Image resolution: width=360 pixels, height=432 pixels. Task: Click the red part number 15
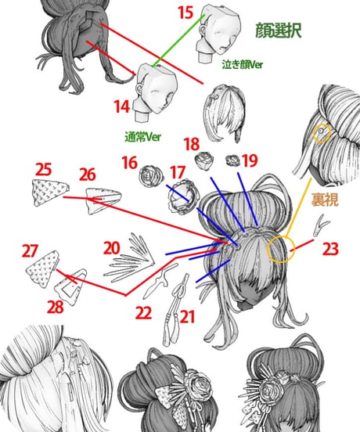(185, 13)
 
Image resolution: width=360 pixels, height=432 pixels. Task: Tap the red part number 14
(122, 106)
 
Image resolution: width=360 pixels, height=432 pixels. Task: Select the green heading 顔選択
(279, 31)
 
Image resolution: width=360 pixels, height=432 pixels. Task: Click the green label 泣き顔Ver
(243, 64)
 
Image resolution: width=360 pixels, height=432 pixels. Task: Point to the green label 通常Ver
(142, 137)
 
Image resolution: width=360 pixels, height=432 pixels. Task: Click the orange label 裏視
(325, 200)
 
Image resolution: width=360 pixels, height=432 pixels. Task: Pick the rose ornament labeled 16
(151, 176)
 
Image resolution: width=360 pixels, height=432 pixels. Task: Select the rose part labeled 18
(204, 161)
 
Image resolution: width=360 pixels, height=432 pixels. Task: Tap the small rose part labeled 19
(232, 160)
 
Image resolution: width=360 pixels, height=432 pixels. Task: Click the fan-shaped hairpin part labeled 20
(130, 257)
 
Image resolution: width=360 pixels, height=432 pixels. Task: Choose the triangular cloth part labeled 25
(50, 193)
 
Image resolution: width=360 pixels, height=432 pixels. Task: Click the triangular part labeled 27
(43, 268)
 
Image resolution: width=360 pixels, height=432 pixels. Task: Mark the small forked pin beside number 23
(321, 225)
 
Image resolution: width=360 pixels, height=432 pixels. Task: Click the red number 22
(143, 313)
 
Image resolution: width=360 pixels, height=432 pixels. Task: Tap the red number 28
(56, 307)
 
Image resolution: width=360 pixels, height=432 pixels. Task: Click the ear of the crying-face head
(203, 29)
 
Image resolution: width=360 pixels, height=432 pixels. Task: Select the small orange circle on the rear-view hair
(322, 133)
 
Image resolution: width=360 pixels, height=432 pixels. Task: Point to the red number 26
(88, 175)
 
